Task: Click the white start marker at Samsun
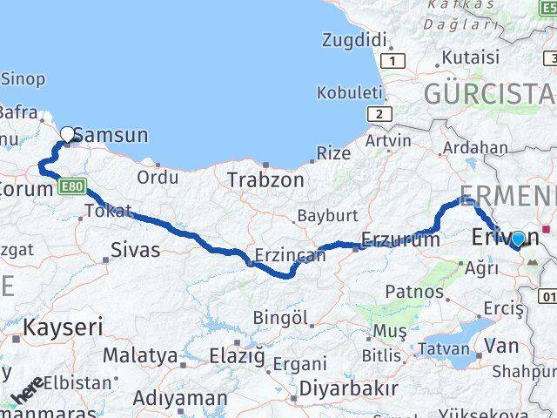coord(67,134)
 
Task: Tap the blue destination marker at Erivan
coord(519,239)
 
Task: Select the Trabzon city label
coord(265,180)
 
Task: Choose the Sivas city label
coord(136,250)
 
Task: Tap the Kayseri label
coord(63,328)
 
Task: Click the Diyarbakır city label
coord(347,388)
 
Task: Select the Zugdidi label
coord(353,39)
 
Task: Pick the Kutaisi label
coord(471,57)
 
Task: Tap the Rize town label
coord(333,153)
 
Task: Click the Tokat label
coord(109,211)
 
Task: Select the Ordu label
coord(158,177)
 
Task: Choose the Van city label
coord(501,346)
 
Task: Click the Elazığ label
coord(236,355)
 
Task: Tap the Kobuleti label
coord(349,91)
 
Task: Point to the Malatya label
coord(140,355)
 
